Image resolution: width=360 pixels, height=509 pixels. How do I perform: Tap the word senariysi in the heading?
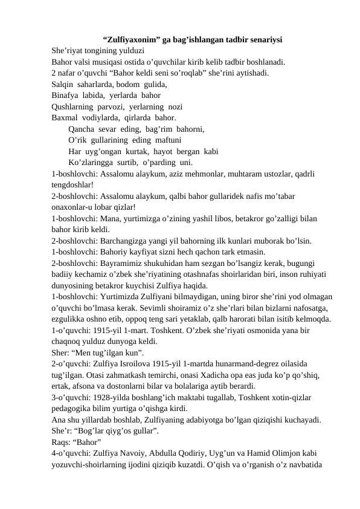pos(263,41)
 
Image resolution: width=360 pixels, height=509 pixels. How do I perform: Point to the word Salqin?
pos(63,86)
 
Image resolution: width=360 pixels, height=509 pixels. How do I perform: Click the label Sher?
pos(60,352)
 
